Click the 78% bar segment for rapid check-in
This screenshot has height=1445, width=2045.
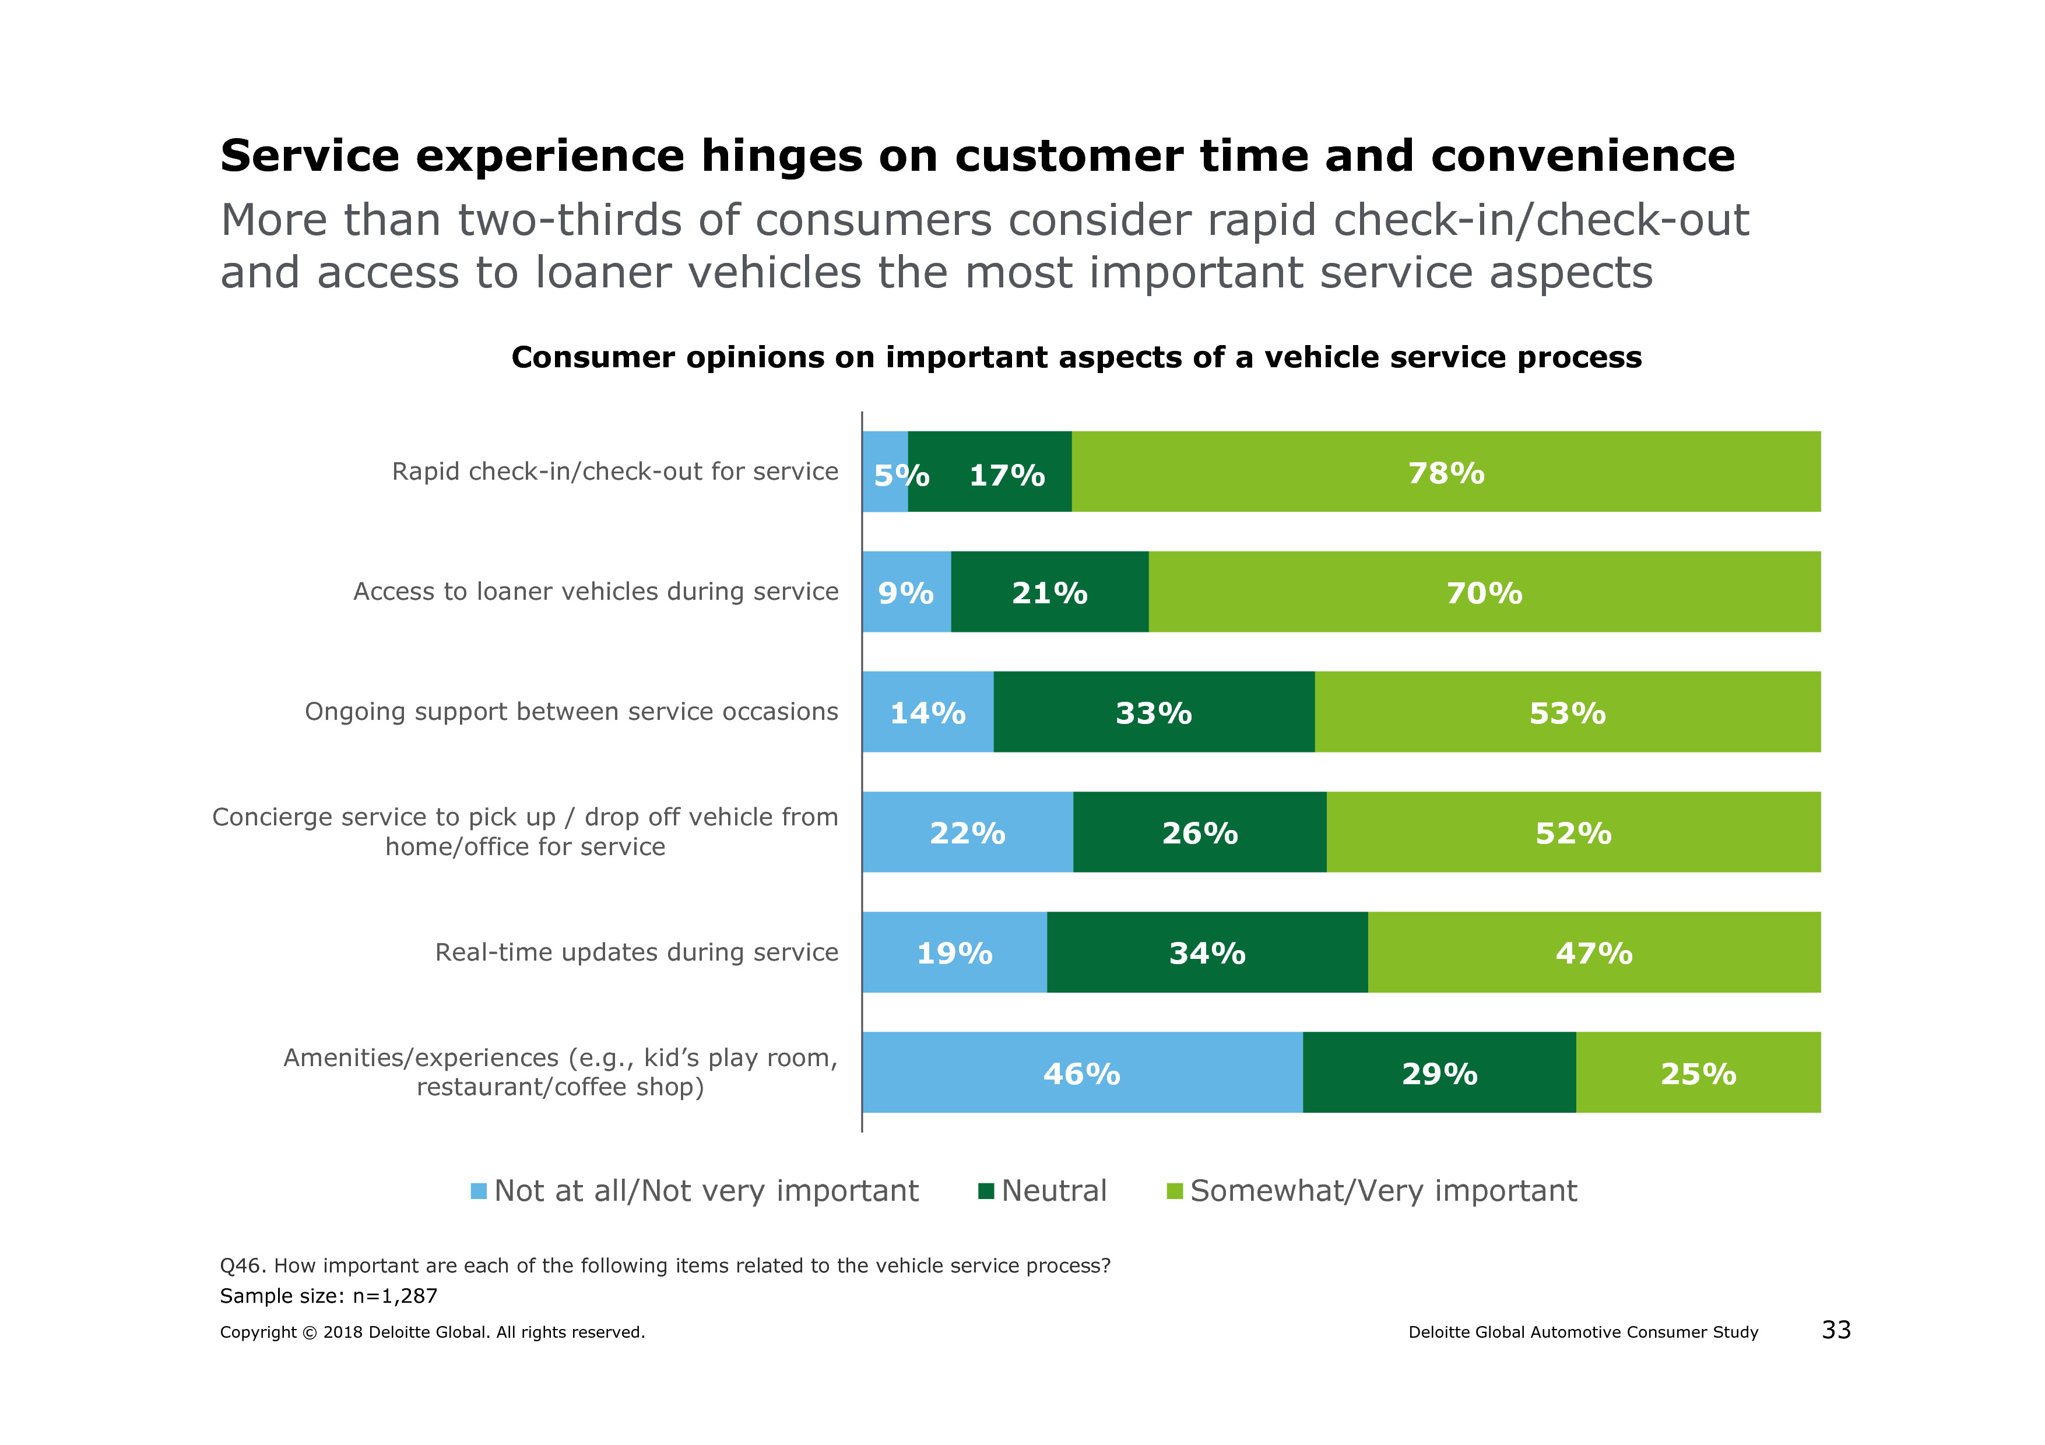coord(1446,472)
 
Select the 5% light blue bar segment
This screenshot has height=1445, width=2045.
coord(884,472)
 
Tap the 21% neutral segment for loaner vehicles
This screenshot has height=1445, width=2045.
coord(1049,592)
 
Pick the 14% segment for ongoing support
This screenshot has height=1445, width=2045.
coord(927,712)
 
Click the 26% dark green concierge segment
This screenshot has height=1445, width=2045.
coord(1199,832)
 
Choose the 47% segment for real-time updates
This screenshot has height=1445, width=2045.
coord(1593,952)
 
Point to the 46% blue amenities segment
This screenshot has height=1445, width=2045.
coord(1081,1073)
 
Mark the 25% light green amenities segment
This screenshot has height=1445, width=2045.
coord(1698,1073)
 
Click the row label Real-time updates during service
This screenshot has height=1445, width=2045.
coord(636,952)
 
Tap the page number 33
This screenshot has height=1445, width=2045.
coord(1836,1330)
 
